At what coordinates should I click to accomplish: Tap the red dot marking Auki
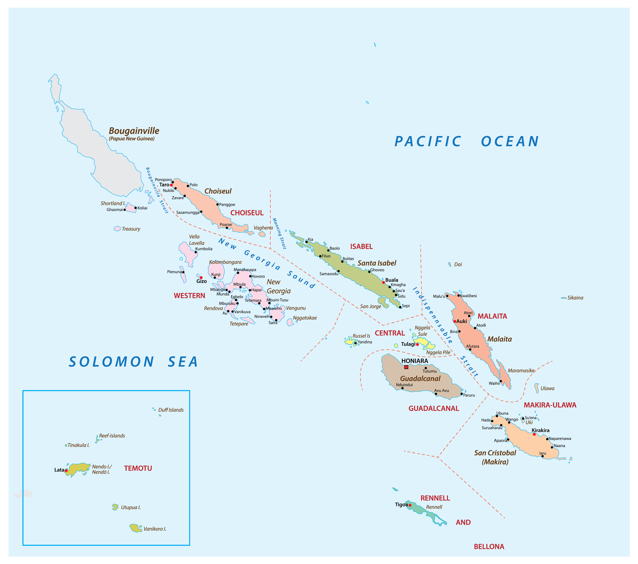(455, 321)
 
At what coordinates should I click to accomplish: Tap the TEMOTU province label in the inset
(138, 468)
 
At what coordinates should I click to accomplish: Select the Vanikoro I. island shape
(136, 528)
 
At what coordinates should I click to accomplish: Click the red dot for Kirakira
(534, 434)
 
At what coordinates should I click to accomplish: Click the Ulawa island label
(547, 388)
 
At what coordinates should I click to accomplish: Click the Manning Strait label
(279, 233)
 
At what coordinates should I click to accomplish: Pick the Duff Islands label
(171, 410)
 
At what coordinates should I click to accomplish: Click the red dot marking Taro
(171, 185)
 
